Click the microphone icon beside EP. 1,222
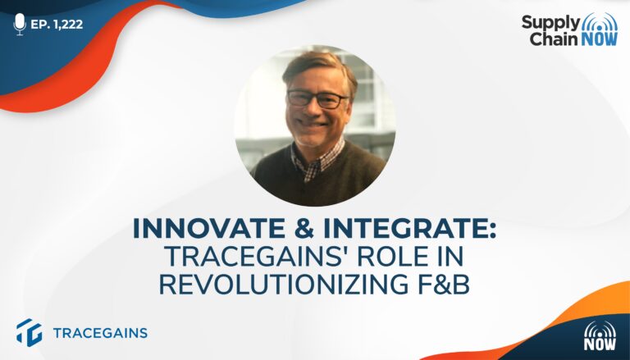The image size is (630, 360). point(20,24)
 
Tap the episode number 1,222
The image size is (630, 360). point(68,25)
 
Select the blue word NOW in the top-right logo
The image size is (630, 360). point(598,39)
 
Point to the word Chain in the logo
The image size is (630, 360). point(552,39)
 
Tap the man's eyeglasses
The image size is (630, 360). point(317,99)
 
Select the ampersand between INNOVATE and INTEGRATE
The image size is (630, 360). point(307,229)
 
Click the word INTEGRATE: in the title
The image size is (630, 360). point(410,229)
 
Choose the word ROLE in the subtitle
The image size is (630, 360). point(393,257)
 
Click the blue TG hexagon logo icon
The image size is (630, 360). point(29,332)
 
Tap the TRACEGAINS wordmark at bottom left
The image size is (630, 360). point(100,333)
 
